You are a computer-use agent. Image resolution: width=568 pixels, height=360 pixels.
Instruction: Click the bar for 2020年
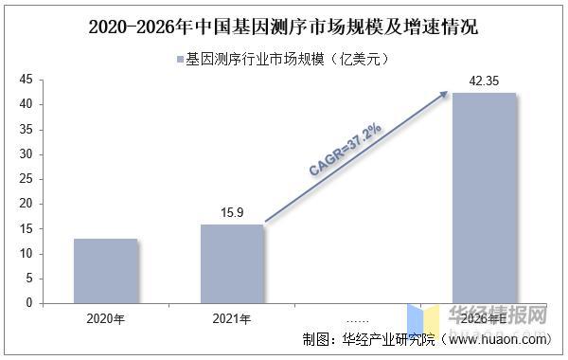pos(106,271)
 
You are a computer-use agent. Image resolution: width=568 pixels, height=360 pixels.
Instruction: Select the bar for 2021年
pos(232,263)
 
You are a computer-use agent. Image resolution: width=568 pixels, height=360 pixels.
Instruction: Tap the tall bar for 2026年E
pos(484,198)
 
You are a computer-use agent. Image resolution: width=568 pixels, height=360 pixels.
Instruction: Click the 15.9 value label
pos(232,213)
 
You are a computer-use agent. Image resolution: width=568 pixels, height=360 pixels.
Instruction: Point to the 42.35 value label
pos(484,82)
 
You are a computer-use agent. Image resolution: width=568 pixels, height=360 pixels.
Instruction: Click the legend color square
pos(179,60)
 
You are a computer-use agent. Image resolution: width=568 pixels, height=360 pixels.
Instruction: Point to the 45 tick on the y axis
pos(26,79)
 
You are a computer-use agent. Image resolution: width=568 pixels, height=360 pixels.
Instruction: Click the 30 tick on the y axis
pos(26,153)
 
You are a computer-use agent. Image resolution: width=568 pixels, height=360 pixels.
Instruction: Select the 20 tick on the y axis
pos(26,204)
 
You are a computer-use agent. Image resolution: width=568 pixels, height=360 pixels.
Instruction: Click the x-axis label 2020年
pos(106,318)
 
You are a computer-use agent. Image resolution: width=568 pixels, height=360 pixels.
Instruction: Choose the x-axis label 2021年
pos(232,318)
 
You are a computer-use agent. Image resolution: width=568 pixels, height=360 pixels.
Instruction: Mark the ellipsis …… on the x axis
pos(358,318)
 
